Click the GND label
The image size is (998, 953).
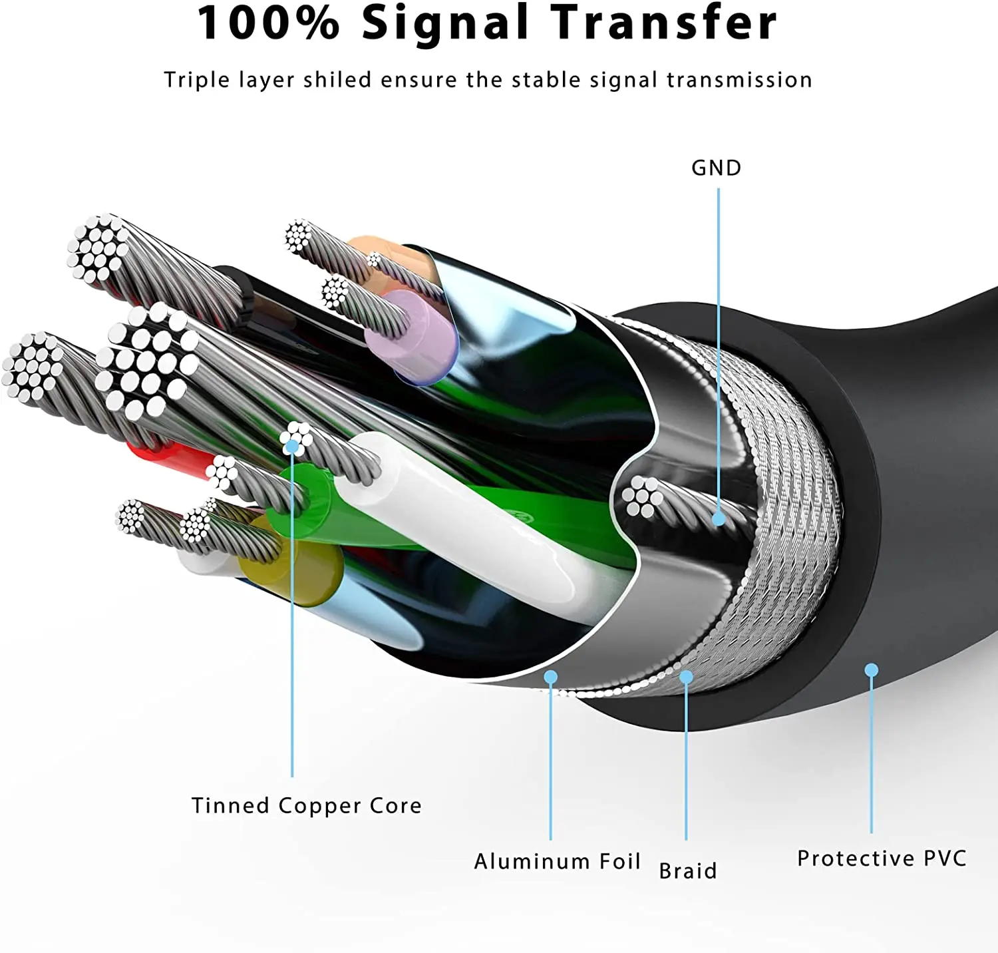coord(716,168)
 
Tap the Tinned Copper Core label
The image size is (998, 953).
coord(307,805)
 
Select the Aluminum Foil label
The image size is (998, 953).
coord(557,861)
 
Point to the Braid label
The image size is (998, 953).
coord(688,870)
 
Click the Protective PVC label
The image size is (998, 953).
coord(882,858)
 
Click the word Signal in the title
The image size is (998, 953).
coord(445,23)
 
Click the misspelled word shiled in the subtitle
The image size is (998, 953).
coord(337,80)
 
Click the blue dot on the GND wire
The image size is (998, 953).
coord(719,519)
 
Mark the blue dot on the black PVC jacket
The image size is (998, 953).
coord(871,669)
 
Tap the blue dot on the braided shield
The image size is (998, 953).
coord(686,677)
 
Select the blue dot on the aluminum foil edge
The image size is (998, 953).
coord(550,677)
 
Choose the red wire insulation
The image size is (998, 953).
coord(170,459)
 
